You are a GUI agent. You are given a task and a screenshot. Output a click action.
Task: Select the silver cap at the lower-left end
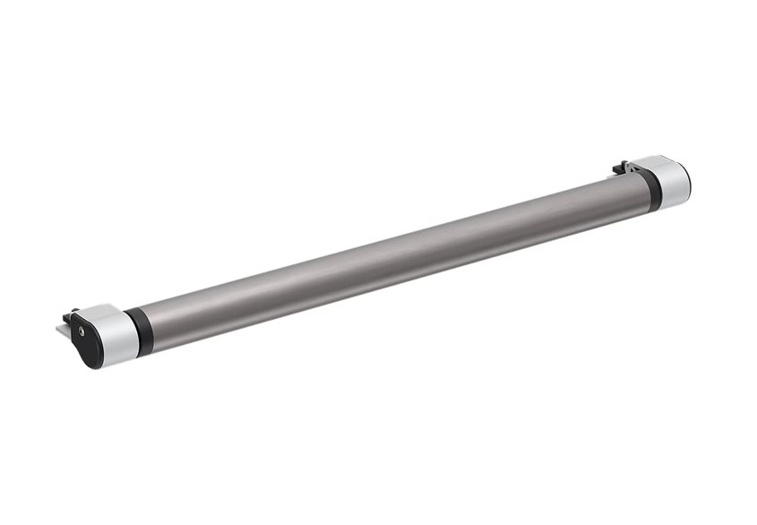115,333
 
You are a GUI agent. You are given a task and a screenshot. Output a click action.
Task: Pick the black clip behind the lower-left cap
70,315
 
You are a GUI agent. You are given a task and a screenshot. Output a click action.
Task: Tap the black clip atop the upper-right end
620,167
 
